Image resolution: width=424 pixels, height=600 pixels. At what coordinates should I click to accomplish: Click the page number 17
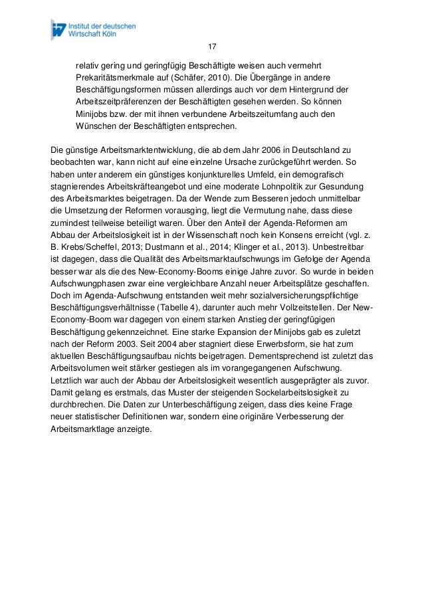(x=212, y=47)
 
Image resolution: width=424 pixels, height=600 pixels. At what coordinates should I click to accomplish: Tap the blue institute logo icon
(x=61, y=30)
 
